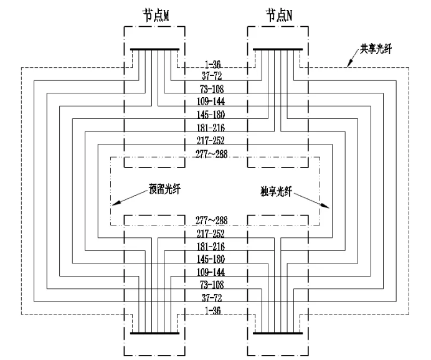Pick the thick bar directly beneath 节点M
(x=154, y=49)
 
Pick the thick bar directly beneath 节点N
(x=278, y=49)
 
